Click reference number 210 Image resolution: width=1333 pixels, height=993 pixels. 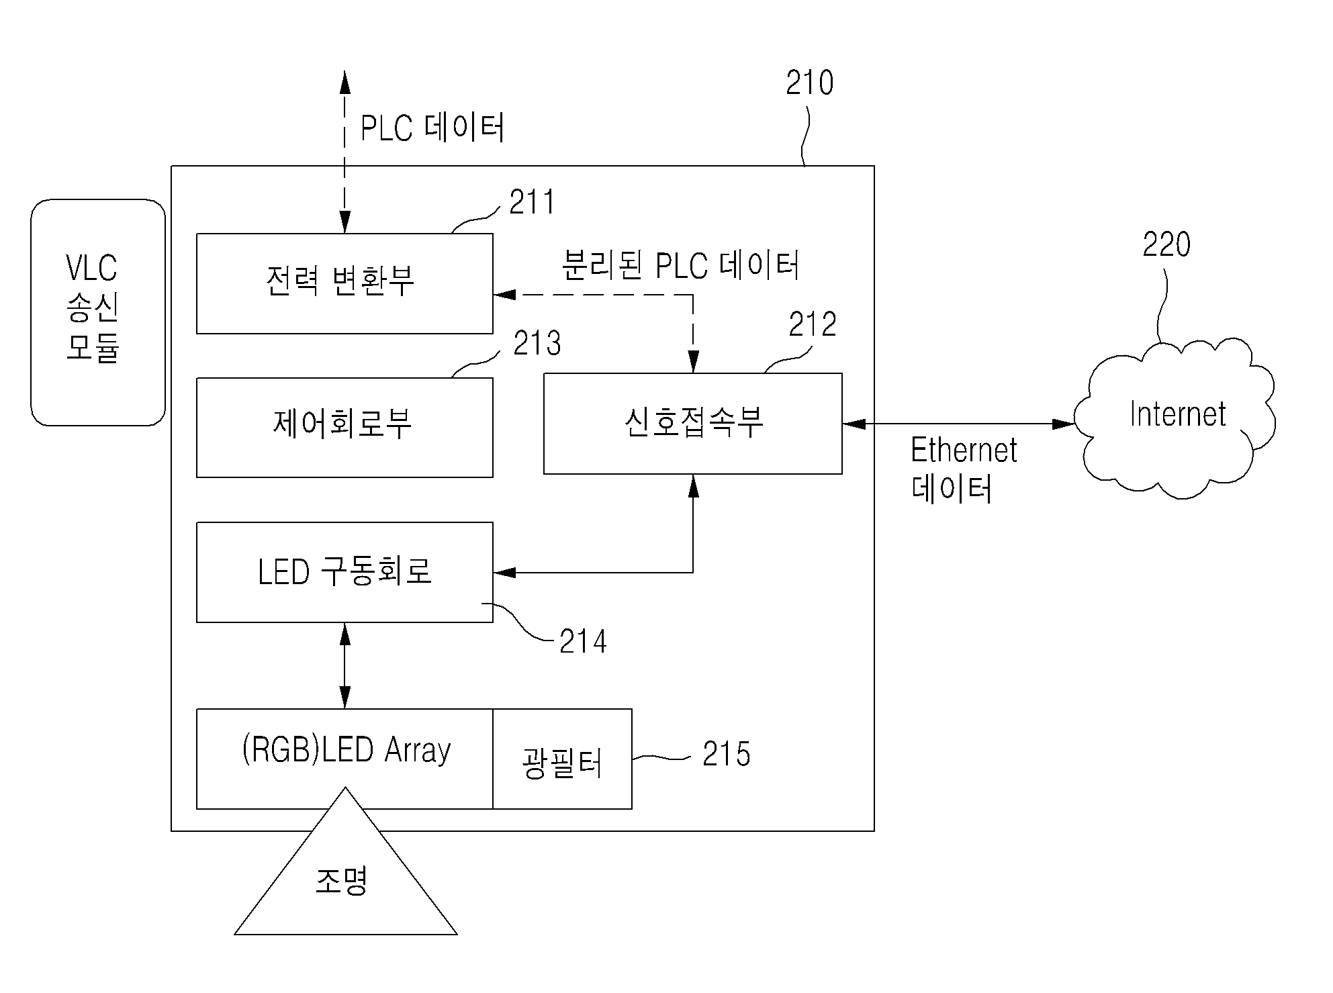point(810,83)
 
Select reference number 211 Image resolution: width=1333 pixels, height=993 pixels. point(532,202)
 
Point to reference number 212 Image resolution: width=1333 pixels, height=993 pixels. point(813,324)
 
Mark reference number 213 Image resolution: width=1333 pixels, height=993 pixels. point(537,343)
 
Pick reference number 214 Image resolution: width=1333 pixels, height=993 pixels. point(583,641)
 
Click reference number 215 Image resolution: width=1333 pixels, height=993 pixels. point(727,754)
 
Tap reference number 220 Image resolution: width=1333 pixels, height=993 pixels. point(1166,244)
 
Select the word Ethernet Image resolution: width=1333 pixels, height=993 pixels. point(964,450)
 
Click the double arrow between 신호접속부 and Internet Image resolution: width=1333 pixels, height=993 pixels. point(958,424)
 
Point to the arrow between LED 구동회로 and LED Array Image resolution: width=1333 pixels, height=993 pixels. point(345,665)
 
